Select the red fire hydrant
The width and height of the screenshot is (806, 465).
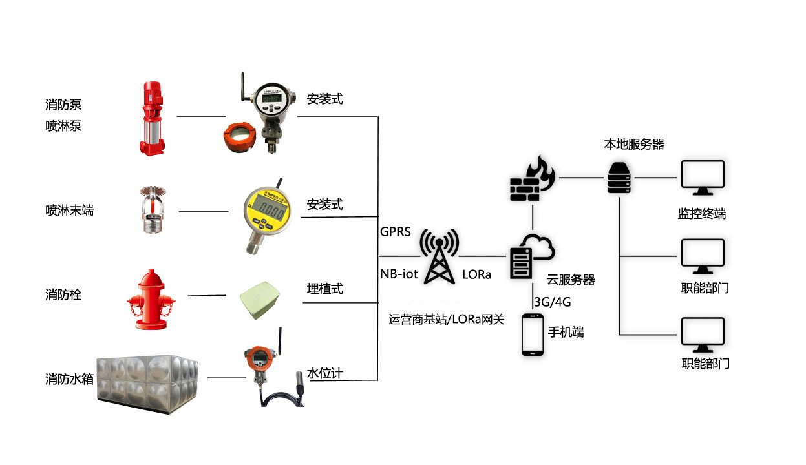151,299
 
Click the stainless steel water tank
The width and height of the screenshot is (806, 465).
147,378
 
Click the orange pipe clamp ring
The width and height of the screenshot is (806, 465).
240,137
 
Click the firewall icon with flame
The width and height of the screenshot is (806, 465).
529,180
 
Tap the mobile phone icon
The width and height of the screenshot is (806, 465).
532,334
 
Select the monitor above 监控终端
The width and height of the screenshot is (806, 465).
702,179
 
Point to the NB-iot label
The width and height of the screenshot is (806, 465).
399,274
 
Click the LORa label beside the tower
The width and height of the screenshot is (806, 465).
476,274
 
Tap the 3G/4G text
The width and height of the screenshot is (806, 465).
553,302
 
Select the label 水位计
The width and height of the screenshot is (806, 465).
324,373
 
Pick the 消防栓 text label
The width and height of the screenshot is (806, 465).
63,295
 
